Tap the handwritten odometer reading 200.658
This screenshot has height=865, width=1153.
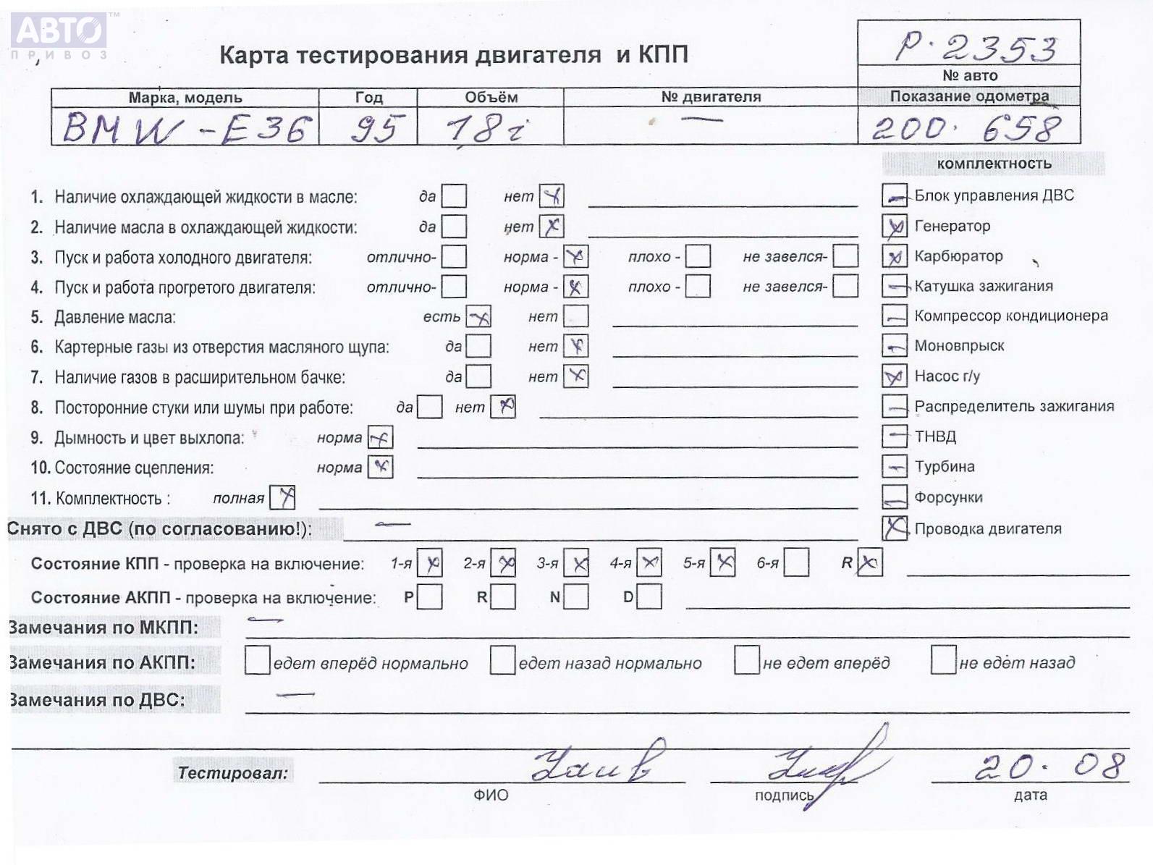click(966, 129)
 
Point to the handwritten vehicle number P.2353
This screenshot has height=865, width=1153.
click(975, 48)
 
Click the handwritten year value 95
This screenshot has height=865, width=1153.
click(375, 129)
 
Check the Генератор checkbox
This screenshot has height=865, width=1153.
click(895, 227)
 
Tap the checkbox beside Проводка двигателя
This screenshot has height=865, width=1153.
click(895, 528)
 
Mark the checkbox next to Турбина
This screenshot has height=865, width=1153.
click(895, 467)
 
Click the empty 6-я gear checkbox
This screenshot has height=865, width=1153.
click(796, 563)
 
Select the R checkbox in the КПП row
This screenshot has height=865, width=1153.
click(869, 563)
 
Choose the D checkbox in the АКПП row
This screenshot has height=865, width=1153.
click(649, 597)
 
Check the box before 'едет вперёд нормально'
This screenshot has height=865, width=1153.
click(258, 661)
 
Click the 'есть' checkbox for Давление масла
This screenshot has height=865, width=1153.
click(478, 316)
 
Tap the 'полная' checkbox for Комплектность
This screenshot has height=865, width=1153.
click(282, 498)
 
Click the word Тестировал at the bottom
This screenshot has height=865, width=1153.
click(232, 773)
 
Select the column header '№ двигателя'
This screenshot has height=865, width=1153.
click(711, 97)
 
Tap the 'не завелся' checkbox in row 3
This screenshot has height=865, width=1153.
click(845, 256)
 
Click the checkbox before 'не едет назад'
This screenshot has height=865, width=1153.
click(943, 660)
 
